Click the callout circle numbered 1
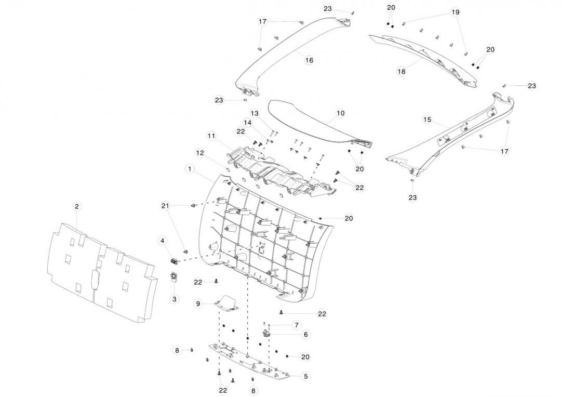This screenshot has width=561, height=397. [190, 169]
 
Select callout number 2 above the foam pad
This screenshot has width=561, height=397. [76, 206]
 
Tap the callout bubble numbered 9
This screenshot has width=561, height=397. [198, 303]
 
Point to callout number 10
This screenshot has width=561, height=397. [340, 113]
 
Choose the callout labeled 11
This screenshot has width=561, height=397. [211, 136]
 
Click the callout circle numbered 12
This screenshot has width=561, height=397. [199, 153]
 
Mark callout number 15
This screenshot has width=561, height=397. [427, 120]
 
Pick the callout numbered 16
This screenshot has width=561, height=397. [309, 60]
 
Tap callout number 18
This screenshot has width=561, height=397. [401, 72]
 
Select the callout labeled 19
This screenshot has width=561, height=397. [455, 12]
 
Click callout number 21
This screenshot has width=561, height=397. [165, 206]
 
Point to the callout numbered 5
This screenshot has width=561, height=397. [305, 376]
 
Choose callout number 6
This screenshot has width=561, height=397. [305, 335]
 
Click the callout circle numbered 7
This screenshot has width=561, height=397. [296, 325]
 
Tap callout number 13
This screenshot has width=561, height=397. [254, 113]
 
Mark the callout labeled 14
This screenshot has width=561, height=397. [248, 123]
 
